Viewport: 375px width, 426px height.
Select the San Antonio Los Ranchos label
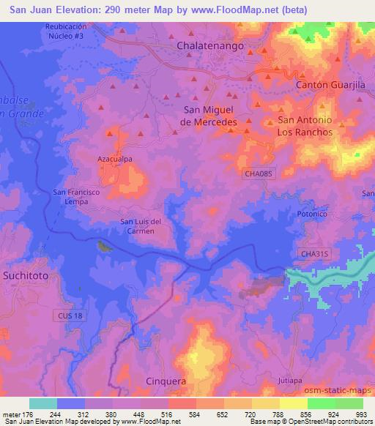tap(305, 126)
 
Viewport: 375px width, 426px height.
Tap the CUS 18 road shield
tap(68, 315)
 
